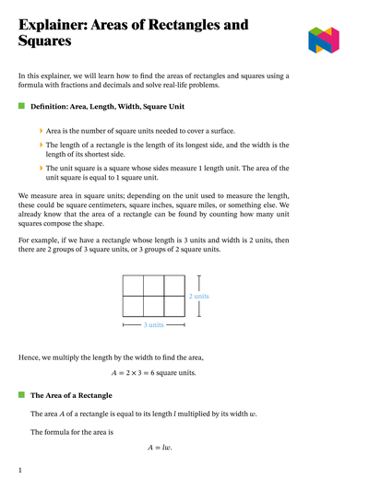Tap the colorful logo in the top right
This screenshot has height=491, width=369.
pyautogui.click(x=324, y=39)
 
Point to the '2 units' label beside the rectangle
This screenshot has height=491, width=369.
pyautogui.click(x=199, y=296)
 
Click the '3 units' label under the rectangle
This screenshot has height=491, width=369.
pyautogui.click(x=153, y=325)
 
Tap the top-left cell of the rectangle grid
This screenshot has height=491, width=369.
pyautogui.click(x=132, y=285)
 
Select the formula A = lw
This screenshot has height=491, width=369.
pyautogui.click(x=160, y=448)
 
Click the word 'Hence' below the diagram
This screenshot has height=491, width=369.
pyautogui.click(x=30, y=357)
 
